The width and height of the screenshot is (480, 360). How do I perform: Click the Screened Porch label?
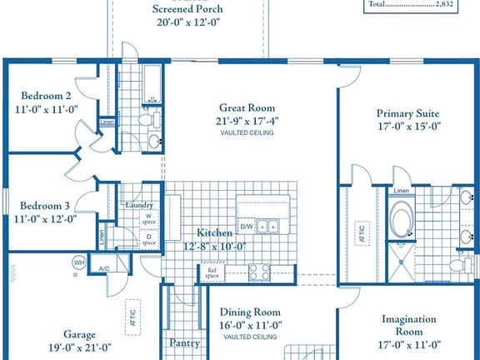pyautogui.click(x=187, y=9)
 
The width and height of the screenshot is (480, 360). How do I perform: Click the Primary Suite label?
pyautogui.click(x=407, y=113)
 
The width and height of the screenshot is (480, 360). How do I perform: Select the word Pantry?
pyautogui.click(x=183, y=342)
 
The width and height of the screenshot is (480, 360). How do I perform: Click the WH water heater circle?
pyautogui.click(x=79, y=263)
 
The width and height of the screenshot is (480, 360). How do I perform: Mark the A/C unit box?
pyautogui.click(x=104, y=268)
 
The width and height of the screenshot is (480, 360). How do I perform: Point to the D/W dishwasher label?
pyautogui.click(x=247, y=226)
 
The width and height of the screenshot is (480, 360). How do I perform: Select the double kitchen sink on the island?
pyautogui.click(x=267, y=226)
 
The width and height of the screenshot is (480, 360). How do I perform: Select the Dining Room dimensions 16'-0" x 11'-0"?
pyautogui.click(x=251, y=326)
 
